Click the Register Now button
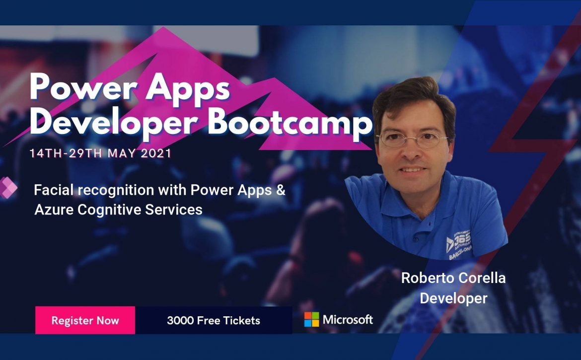[x=85, y=320]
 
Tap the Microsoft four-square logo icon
[x=312, y=319]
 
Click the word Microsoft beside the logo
[x=348, y=319]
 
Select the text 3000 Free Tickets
[x=214, y=320]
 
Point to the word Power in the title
[x=83, y=87]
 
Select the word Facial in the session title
[x=54, y=190]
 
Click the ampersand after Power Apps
[x=281, y=190]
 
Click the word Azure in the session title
[x=54, y=210]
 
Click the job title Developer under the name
[x=453, y=298]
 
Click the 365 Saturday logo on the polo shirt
[x=459, y=244]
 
